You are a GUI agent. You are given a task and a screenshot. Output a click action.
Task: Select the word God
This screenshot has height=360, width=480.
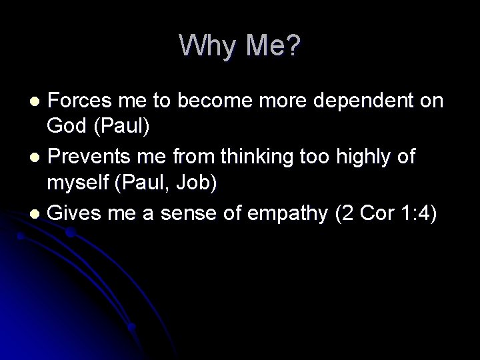pos(65,126)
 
